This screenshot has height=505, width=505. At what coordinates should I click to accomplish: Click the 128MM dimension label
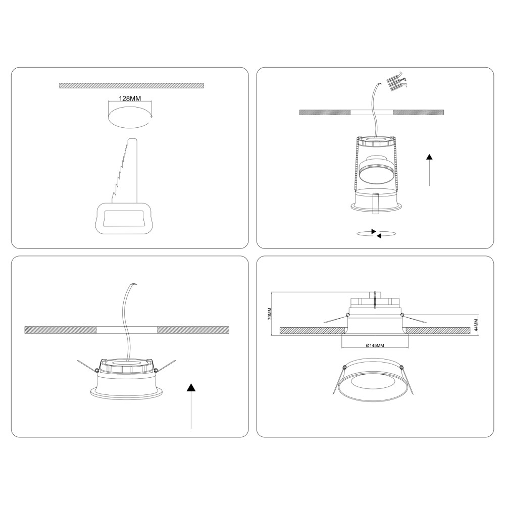(130, 98)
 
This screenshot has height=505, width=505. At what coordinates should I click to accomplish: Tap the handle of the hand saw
(125, 218)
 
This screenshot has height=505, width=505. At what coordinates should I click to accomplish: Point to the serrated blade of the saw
(125, 171)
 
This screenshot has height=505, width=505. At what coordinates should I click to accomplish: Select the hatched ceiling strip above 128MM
(131, 85)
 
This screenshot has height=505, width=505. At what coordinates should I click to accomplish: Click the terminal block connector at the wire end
(396, 82)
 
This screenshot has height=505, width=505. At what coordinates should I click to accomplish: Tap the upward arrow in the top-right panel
(429, 170)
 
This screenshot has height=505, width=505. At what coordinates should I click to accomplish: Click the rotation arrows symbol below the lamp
(376, 233)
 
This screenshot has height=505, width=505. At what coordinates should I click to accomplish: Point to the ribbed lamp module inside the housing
(376, 170)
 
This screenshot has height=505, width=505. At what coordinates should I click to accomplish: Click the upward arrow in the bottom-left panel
(191, 406)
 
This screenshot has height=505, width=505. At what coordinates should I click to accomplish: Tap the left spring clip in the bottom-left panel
(87, 366)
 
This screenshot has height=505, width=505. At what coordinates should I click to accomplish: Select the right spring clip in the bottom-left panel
(165, 366)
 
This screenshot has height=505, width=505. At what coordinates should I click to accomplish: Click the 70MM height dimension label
(270, 314)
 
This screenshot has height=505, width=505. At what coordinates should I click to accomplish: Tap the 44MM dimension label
(476, 325)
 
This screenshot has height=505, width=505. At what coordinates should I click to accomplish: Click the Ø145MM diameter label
(375, 345)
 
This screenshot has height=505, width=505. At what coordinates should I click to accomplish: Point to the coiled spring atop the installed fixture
(375, 300)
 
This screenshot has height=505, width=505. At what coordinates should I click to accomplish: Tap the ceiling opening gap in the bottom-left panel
(127, 330)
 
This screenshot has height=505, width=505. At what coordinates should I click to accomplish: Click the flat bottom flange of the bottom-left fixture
(127, 394)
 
